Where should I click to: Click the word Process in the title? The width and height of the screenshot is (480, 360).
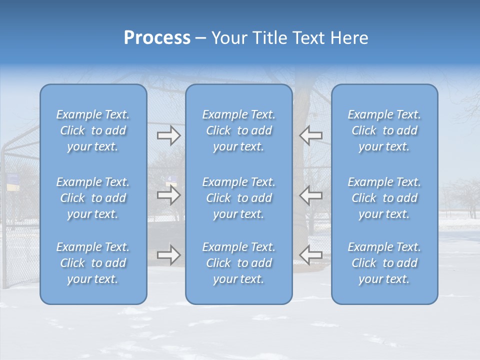coord(157,37)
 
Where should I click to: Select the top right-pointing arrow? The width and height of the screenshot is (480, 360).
coord(168,135)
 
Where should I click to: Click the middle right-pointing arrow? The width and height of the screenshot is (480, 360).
coord(168,195)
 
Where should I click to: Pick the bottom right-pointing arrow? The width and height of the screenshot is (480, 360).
coord(168,255)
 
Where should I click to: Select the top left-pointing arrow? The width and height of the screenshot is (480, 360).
coord(310,135)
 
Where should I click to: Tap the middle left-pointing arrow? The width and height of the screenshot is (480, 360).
coord(310,195)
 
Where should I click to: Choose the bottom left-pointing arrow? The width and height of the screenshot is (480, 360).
coord(310,254)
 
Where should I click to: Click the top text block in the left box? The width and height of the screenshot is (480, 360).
coord(93,130)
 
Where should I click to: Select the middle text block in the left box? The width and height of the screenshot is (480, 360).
coord(93,198)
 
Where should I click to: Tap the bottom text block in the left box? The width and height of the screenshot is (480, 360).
coord(93,263)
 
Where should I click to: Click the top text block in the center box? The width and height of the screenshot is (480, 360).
coord(239,130)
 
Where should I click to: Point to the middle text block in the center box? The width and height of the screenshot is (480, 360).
coord(239,198)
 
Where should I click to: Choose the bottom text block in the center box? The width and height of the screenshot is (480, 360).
coord(239,263)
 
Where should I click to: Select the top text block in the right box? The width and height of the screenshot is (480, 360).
coord(384,130)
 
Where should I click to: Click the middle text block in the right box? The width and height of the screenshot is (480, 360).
coord(384,198)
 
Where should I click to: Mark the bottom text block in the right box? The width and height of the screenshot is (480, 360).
coord(384,263)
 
